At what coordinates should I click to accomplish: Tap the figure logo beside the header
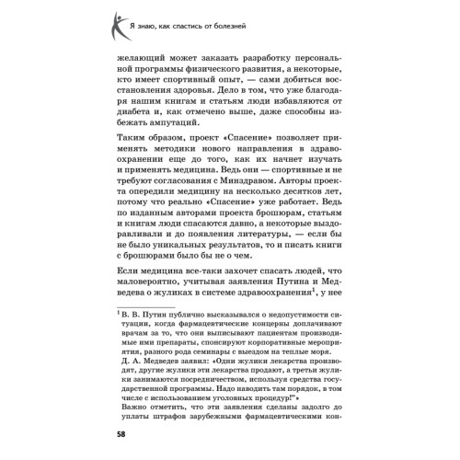pyautogui.click(x=119, y=19)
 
